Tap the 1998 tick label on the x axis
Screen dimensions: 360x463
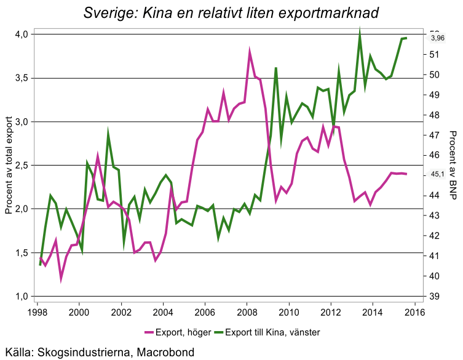(x=38, y=312)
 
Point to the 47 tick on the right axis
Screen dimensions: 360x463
(x=433, y=135)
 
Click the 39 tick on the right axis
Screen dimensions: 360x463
(x=433, y=297)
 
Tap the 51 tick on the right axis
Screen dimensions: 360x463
(x=433, y=55)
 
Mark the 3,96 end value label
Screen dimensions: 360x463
(x=437, y=38)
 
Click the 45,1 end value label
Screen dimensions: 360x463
(x=437, y=174)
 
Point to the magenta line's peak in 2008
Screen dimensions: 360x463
(x=250, y=53)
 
